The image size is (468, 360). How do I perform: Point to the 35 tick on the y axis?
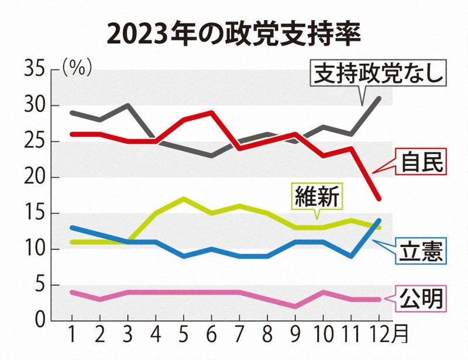click(33, 70)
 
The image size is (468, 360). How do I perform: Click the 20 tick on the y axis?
click(33, 177)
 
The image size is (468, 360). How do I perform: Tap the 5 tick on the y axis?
click(39, 285)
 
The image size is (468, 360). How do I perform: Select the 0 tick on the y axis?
click(39, 320)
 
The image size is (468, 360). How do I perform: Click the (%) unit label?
click(77, 68)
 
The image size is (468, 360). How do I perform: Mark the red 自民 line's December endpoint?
click(380, 199)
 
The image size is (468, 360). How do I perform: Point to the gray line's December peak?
click(380, 98)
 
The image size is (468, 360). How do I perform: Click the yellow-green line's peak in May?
click(184, 199)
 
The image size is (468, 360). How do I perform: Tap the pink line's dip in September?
click(295, 306)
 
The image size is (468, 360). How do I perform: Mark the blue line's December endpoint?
click(380, 220)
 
